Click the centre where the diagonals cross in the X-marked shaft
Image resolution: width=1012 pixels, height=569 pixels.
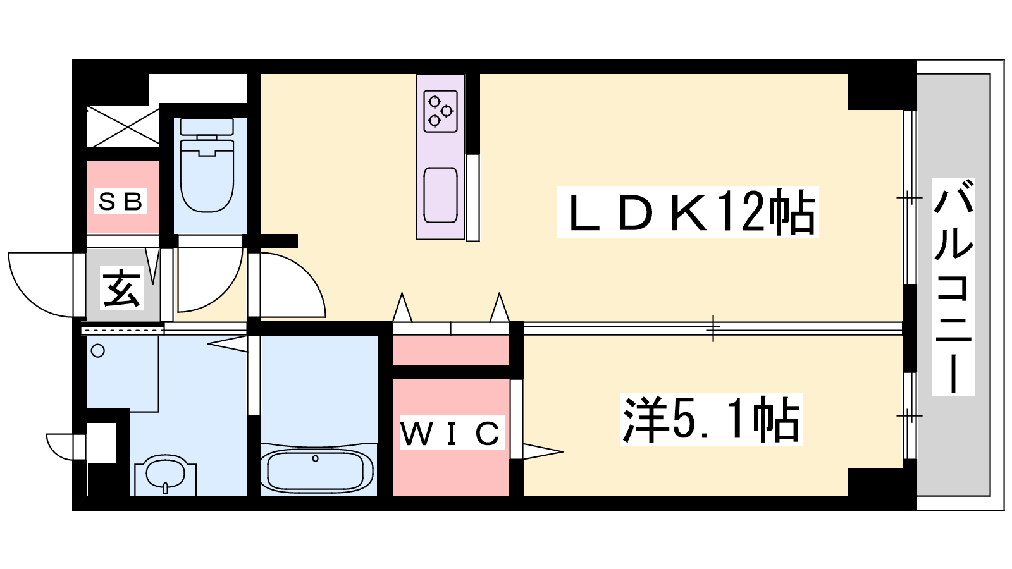123,126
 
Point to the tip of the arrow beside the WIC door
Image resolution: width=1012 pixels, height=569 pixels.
563,451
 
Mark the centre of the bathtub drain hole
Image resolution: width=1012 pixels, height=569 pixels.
316,458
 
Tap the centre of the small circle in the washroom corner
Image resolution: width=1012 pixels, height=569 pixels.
98,350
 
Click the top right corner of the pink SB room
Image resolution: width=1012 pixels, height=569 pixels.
159,161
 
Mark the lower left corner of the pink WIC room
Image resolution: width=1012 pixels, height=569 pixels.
393,495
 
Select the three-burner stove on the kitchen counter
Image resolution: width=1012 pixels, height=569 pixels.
440,111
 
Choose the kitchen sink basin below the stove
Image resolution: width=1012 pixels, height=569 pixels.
440,195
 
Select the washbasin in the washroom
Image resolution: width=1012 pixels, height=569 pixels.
166,474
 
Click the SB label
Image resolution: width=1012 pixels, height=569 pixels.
121,202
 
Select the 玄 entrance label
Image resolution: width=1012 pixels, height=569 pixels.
121,288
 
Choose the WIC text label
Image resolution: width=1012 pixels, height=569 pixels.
451,433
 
